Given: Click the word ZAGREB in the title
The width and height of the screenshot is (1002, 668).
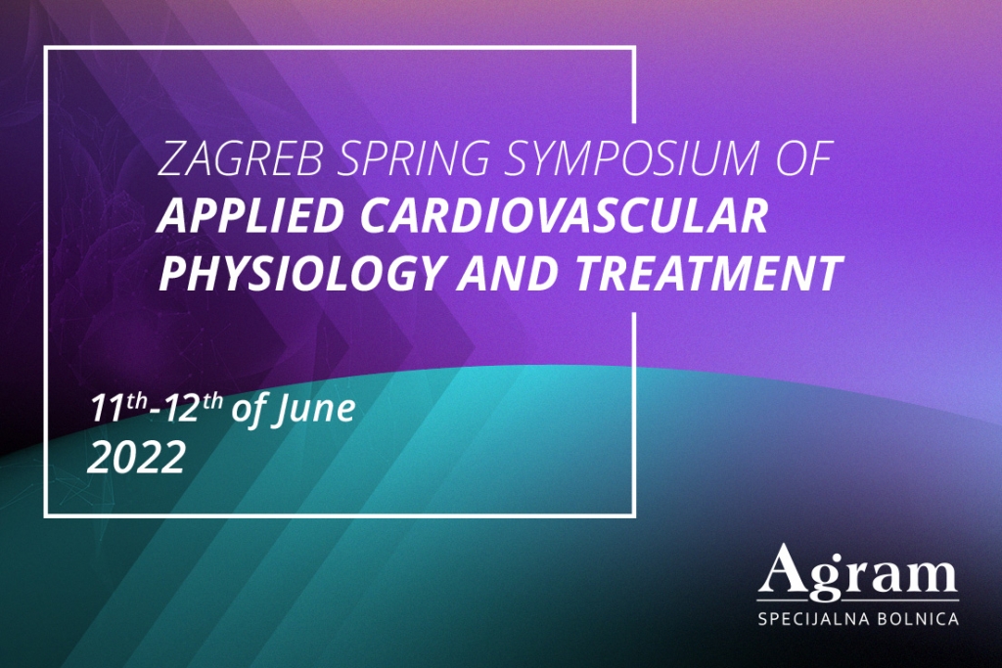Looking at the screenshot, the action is [x=241, y=158].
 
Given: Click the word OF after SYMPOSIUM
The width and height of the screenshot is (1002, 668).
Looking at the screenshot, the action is [x=804, y=158].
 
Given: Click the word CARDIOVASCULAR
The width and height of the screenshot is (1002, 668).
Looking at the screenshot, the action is [x=565, y=215].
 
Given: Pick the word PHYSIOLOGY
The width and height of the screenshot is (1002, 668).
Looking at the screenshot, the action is [x=300, y=272].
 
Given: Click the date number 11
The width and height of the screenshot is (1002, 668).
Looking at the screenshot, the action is [x=107, y=409].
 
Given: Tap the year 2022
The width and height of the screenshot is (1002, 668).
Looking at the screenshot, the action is [x=136, y=458].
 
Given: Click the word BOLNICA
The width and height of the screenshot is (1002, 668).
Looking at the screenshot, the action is [x=919, y=619].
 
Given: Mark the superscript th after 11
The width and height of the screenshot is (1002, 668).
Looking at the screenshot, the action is [x=136, y=400].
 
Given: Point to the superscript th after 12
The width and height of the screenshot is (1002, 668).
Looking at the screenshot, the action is [x=212, y=400].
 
